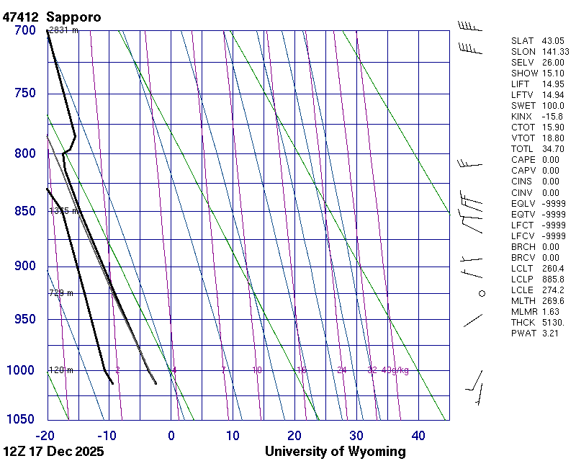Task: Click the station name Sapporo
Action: pyautogui.click(x=73, y=17)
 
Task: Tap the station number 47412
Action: pyautogui.click(x=21, y=17)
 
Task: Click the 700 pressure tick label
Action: pyautogui.click(x=25, y=30)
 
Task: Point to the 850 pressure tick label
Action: pyautogui.click(x=25, y=211)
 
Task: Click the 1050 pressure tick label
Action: pyautogui.click(x=22, y=420)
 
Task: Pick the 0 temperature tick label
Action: pyautogui.click(x=171, y=435)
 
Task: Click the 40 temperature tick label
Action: pyautogui.click(x=418, y=435)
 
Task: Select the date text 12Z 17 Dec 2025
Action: pyautogui.click(x=53, y=452)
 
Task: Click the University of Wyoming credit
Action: pyautogui.click(x=335, y=452)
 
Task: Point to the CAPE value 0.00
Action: pyautogui.click(x=550, y=160)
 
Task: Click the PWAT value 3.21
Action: pyautogui.click(x=550, y=333)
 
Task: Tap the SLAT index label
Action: pyautogui.click(x=523, y=41)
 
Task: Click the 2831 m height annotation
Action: pyautogui.click(x=63, y=30)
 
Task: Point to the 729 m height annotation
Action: pyautogui.click(x=61, y=293)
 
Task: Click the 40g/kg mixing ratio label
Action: pyautogui.click(x=395, y=370)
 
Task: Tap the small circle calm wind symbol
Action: pyautogui.click(x=482, y=293)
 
